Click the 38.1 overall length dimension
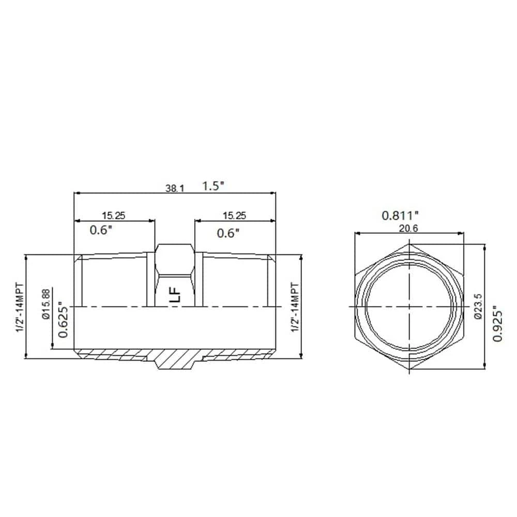tap(174, 188)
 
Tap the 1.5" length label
tap(212, 186)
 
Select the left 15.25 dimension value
tap(113, 216)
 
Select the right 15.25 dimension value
tap(234, 216)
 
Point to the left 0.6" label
tap(101, 230)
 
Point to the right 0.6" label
tap(228, 233)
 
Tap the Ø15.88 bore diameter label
tap(46, 304)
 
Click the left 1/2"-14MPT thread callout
tap(20, 307)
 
